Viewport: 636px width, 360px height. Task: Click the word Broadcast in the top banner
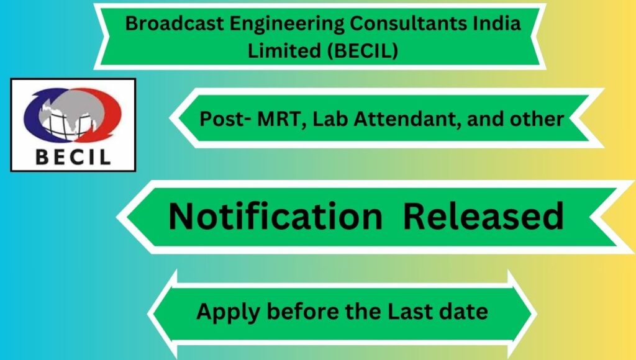click(x=175, y=23)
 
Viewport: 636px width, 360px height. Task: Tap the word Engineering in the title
click(x=287, y=24)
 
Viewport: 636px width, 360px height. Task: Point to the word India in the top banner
click(x=496, y=23)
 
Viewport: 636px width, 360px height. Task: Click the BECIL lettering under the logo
click(x=73, y=157)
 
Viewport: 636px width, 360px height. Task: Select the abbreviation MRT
click(x=278, y=119)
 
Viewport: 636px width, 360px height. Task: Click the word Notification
click(x=275, y=216)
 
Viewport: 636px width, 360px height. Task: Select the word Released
click(x=483, y=216)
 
